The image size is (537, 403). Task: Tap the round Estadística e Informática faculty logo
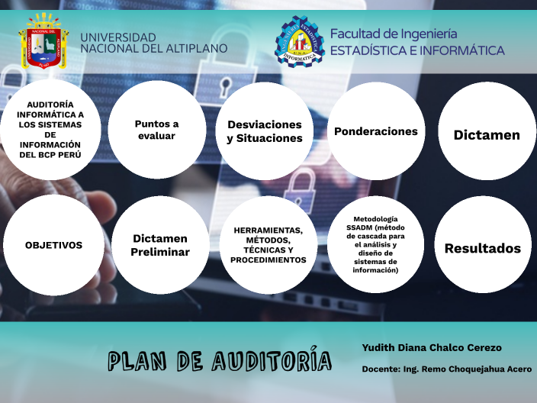tap(300, 40)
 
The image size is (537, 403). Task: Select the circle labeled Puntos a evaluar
tap(156, 130)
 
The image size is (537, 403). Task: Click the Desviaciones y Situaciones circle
tap(265, 131)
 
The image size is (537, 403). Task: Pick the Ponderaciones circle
tap(375, 131)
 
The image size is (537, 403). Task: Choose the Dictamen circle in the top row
tap(486, 134)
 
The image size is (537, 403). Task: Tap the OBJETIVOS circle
tap(53, 245)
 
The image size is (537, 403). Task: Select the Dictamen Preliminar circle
tap(160, 245)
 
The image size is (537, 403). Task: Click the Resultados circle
tap(482, 248)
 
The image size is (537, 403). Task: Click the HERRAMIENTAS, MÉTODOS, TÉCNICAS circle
tap(268, 245)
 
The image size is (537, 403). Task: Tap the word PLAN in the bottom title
tap(133, 360)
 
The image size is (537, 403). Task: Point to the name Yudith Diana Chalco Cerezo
tap(431, 348)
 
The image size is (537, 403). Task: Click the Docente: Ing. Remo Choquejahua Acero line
tap(447, 369)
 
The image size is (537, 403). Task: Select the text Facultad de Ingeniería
tap(393, 34)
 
